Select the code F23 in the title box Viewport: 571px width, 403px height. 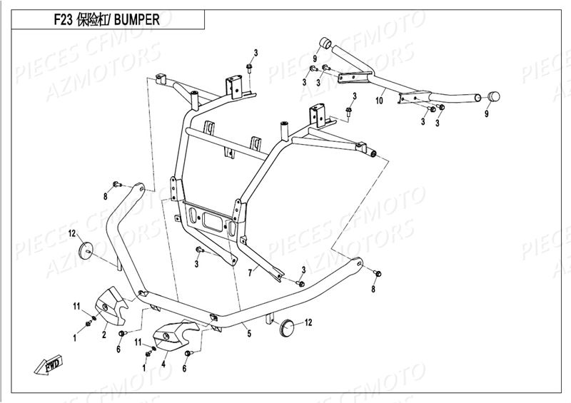pyautogui.click(x=64, y=21)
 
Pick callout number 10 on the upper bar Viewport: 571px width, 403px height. pyautogui.click(x=379, y=101)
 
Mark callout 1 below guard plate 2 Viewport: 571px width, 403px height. pyautogui.click(x=74, y=335)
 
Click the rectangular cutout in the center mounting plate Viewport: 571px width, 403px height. pyautogui.click(x=211, y=219)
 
